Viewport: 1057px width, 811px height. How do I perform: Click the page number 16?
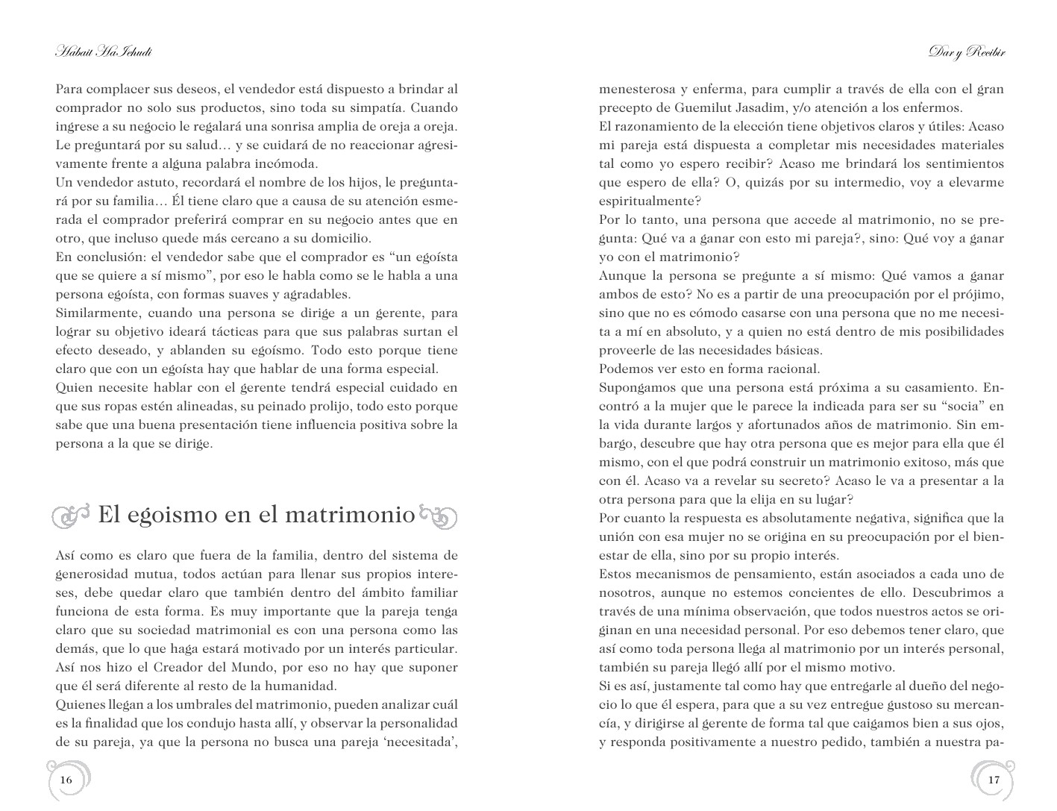[66, 780]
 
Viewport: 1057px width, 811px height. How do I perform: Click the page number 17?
[993, 780]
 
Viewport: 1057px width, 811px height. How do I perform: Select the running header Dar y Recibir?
[967, 52]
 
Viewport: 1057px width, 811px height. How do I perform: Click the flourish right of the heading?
[438, 516]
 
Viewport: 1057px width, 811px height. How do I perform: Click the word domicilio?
[337, 239]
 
